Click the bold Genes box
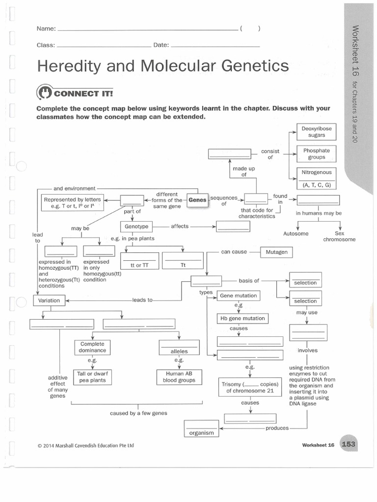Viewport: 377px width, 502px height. (198, 200)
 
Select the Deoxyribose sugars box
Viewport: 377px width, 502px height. (317, 131)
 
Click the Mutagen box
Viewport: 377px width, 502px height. (276, 252)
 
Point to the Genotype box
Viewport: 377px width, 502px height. (136, 226)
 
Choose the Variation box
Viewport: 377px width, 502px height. (49, 300)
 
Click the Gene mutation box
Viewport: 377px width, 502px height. (238, 296)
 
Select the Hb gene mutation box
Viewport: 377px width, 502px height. (242, 318)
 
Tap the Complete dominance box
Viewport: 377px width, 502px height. (93, 347)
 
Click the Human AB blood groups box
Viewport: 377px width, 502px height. (179, 376)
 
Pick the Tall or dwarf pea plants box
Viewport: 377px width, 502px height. (92, 376)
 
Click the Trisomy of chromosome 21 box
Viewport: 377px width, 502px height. (250, 387)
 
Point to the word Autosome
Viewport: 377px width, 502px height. (296, 234)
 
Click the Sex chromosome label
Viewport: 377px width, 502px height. (339, 236)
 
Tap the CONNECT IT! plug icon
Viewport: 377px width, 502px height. (44, 92)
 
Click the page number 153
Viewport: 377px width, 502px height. (348, 445)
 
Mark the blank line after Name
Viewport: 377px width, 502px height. (147, 29)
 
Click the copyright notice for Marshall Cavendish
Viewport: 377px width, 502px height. (85, 446)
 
